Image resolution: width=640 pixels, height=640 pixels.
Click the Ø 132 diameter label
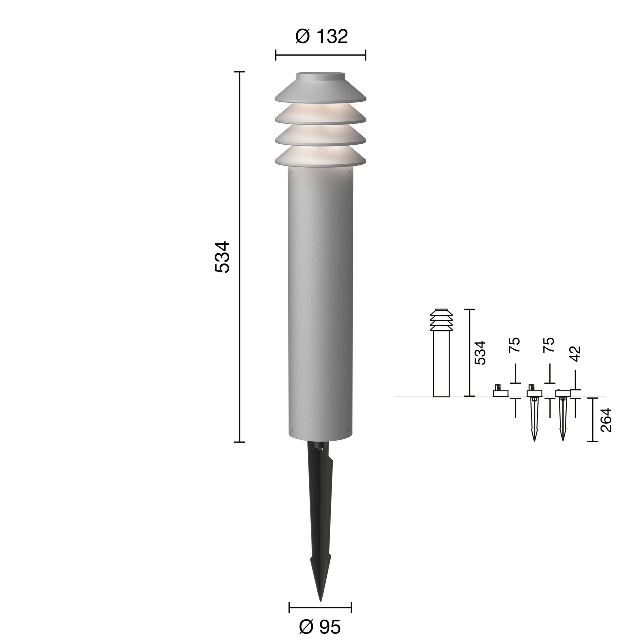click(321, 37)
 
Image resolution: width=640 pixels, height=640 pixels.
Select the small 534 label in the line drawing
click(480, 353)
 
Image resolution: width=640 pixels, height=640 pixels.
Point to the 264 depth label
click(606, 420)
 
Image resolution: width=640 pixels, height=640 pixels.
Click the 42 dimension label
click(576, 354)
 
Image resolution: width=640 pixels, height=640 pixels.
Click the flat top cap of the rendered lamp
click(320, 76)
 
